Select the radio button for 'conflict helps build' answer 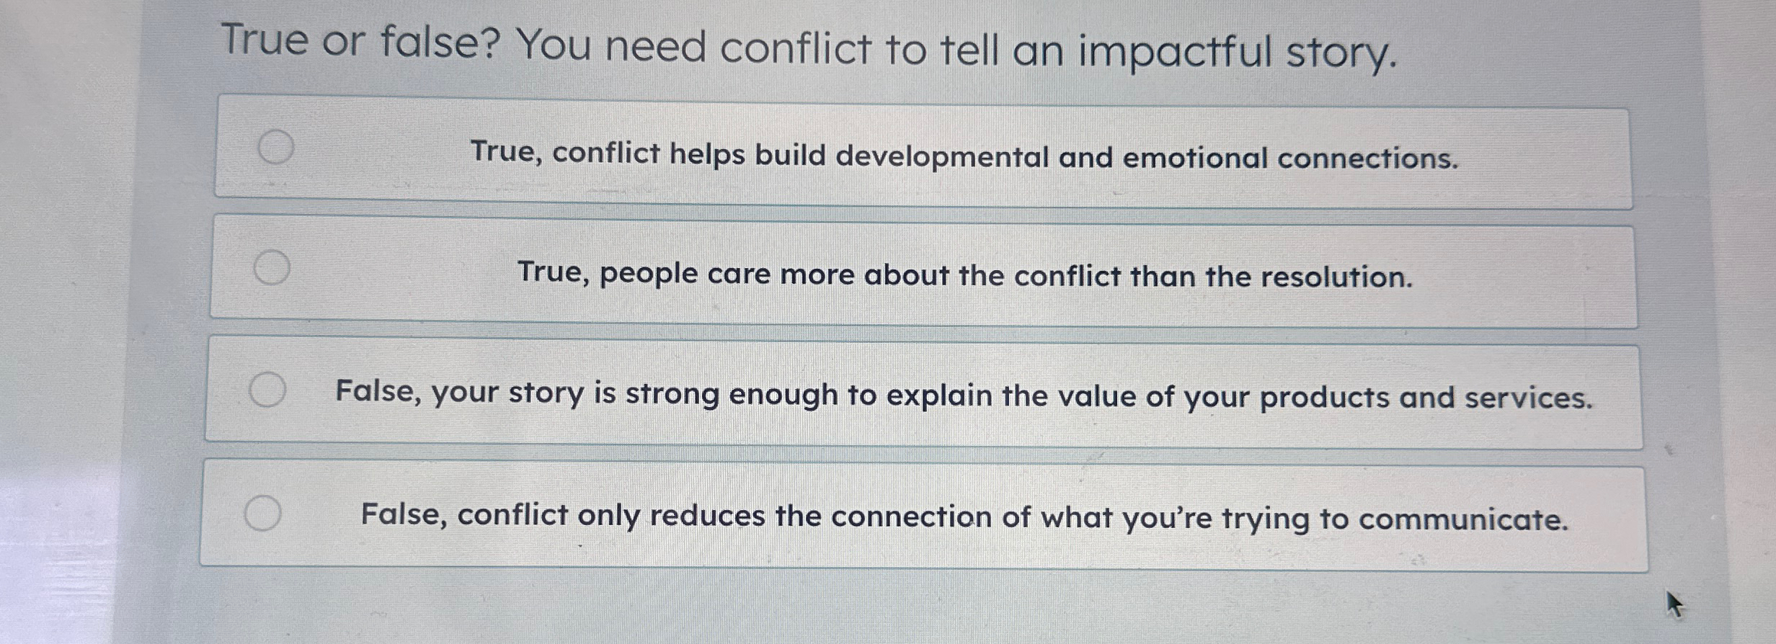tap(276, 147)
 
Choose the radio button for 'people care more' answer tap(272, 268)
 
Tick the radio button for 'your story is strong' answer tap(267, 390)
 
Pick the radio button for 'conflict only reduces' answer tap(262, 513)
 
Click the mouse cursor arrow tap(1674, 604)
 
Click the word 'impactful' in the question tap(1175, 52)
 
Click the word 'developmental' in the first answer tap(942, 156)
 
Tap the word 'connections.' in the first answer tap(1368, 158)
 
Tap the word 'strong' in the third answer tap(672, 395)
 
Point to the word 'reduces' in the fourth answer tap(707, 515)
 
